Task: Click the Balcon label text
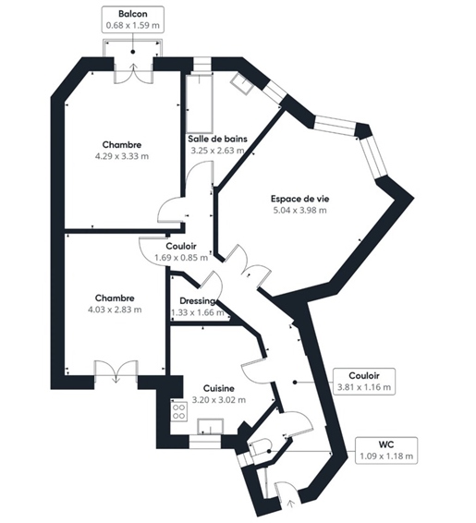[x=133, y=14]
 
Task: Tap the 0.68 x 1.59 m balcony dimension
[x=133, y=25]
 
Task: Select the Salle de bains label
[x=217, y=139]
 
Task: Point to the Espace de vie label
[x=299, y=199]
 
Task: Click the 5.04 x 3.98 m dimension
[x=299, y=210]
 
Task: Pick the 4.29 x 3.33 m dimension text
[x=122, y=156]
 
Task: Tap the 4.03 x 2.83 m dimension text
[x=115, y=310]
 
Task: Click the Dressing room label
[x=197, y=301]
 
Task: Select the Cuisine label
[x=219, y=389]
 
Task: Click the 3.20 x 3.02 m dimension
[x=219, y=399]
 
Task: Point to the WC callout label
[x=386, y=444]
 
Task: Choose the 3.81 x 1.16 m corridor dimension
[x=364, y=387]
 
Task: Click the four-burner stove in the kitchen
[x=179, y=411]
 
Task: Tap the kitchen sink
[x=211, y=427]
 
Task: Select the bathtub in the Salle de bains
[x=200, y=103]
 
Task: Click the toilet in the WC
[x=261, y=447]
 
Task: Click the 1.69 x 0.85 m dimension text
[x=181, y=258]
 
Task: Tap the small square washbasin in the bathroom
[x=242, y=83]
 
